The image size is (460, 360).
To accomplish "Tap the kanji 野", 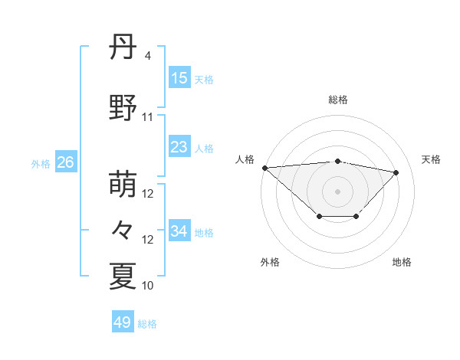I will (123, 109).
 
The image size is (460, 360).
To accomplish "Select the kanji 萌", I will (123, 185).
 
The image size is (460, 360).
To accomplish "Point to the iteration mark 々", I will (123, 230).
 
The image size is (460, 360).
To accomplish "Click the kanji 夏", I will (123, 276).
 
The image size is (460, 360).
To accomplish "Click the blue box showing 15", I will (179, 78).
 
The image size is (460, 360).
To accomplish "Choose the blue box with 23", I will (179, 147).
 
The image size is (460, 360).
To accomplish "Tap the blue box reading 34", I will (179, 231).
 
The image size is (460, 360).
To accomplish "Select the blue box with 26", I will (66, 162).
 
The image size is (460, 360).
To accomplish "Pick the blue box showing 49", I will (123, 322).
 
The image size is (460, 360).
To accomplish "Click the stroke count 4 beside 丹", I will (148, 56).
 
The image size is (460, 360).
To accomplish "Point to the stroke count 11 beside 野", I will (148, 117).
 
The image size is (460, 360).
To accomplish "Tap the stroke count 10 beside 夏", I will (148, 286).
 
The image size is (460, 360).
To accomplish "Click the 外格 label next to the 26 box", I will (41, 163).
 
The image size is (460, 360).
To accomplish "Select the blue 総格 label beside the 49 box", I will (147, 324).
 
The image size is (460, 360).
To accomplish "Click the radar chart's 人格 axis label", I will (245, 159).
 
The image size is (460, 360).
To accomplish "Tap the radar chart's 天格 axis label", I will (431, 159).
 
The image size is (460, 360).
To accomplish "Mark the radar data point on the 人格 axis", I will (264, 168).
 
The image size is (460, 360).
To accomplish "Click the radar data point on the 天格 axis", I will (396, 172).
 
